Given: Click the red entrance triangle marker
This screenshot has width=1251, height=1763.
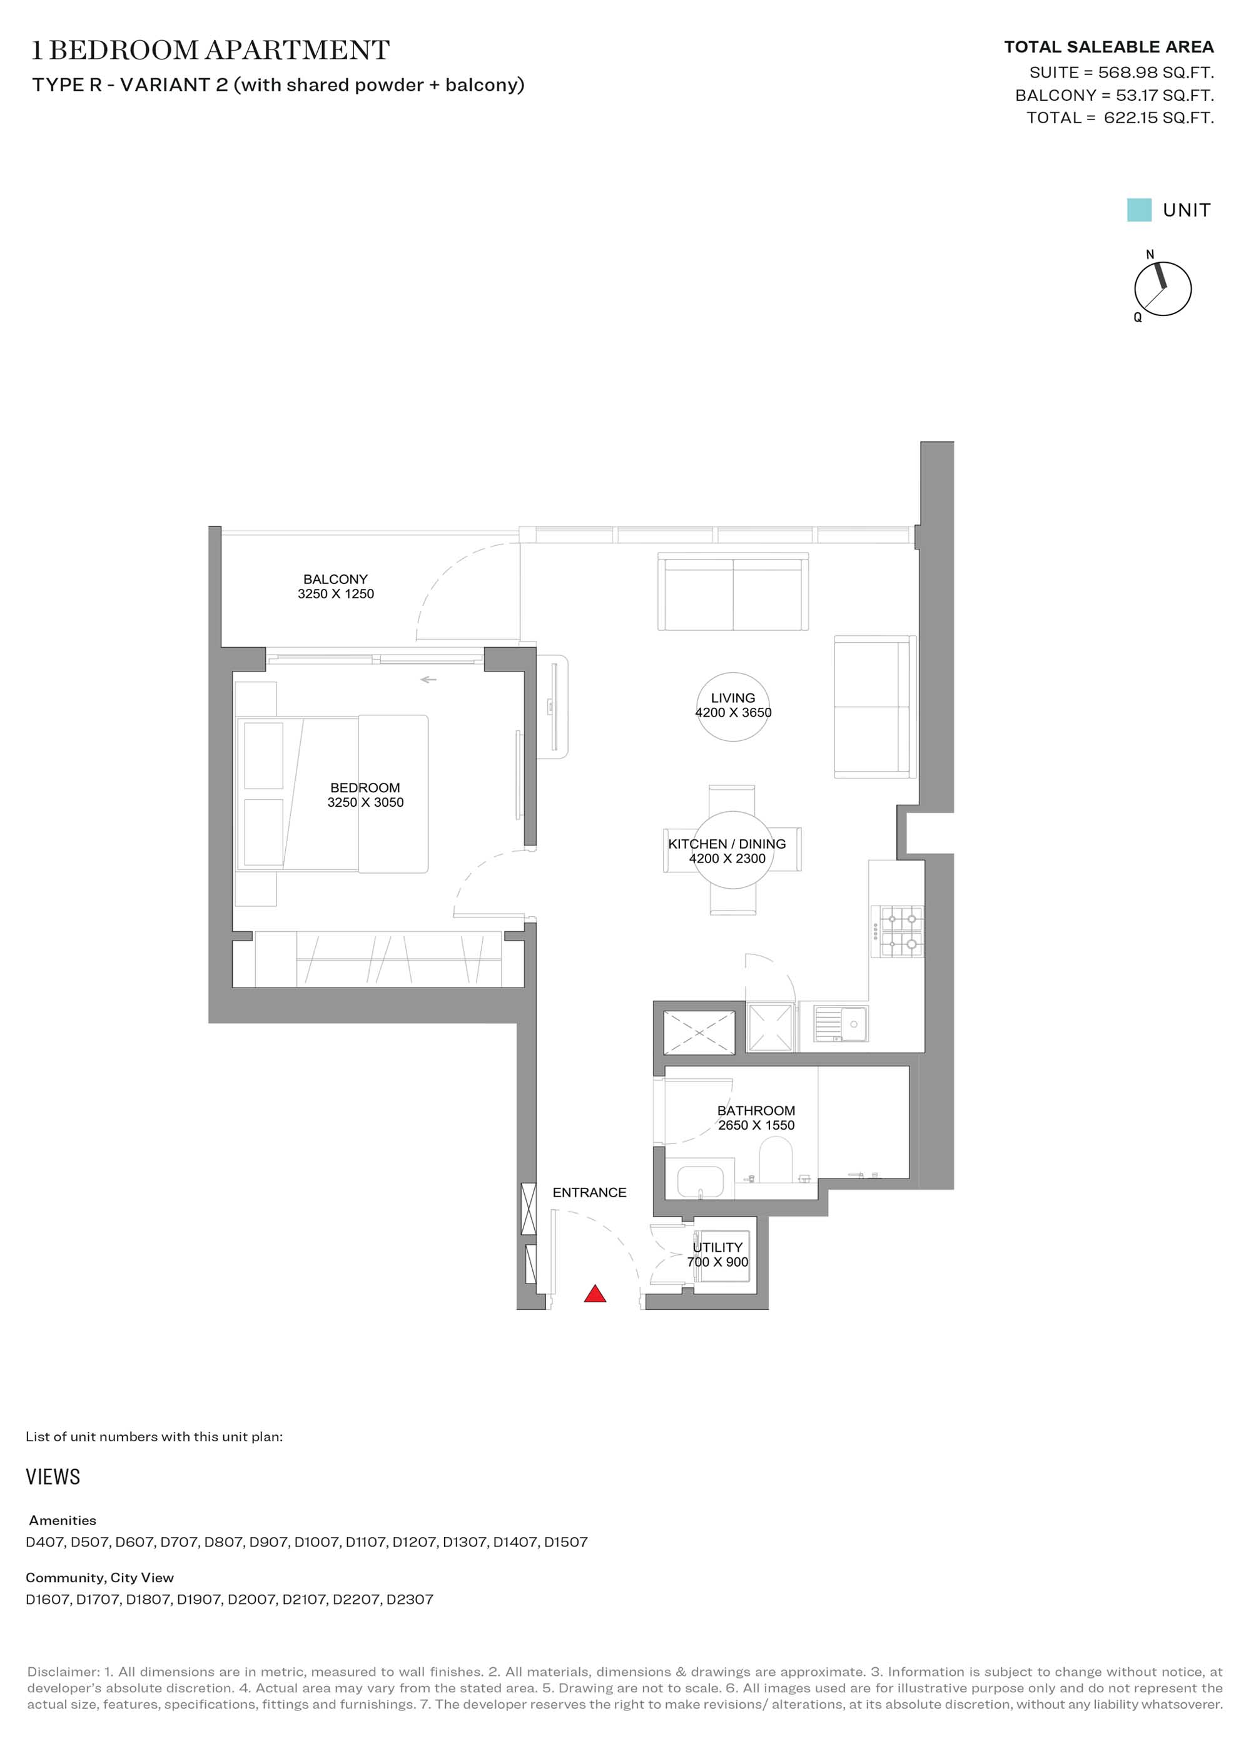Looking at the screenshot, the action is coord(595,1293).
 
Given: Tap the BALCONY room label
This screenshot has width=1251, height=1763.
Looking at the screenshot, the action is coord(335,579).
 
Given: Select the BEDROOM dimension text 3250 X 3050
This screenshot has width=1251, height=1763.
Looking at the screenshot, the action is coord(365,802).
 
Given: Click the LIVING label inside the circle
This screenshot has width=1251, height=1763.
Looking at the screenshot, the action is coord(732,697).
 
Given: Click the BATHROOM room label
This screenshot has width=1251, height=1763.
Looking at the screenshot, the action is coord(756,1110).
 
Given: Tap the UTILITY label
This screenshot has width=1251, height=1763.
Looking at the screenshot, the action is coord(717,1247).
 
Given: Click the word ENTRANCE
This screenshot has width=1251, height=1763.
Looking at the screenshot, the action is coord(589,1192).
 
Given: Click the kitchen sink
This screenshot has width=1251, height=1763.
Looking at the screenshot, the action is coord(841,1025).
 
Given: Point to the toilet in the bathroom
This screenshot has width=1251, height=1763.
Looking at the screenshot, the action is coord(776,1161).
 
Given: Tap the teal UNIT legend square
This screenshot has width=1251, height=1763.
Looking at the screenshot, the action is coord(1138,210).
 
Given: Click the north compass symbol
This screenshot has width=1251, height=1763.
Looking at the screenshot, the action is coord(1162,288).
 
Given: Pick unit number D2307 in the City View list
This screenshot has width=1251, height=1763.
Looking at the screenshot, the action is coord(410,1599).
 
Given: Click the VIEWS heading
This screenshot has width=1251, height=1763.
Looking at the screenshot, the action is coord(53,1476).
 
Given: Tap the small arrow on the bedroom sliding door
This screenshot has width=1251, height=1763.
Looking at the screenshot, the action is coord(428,680).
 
